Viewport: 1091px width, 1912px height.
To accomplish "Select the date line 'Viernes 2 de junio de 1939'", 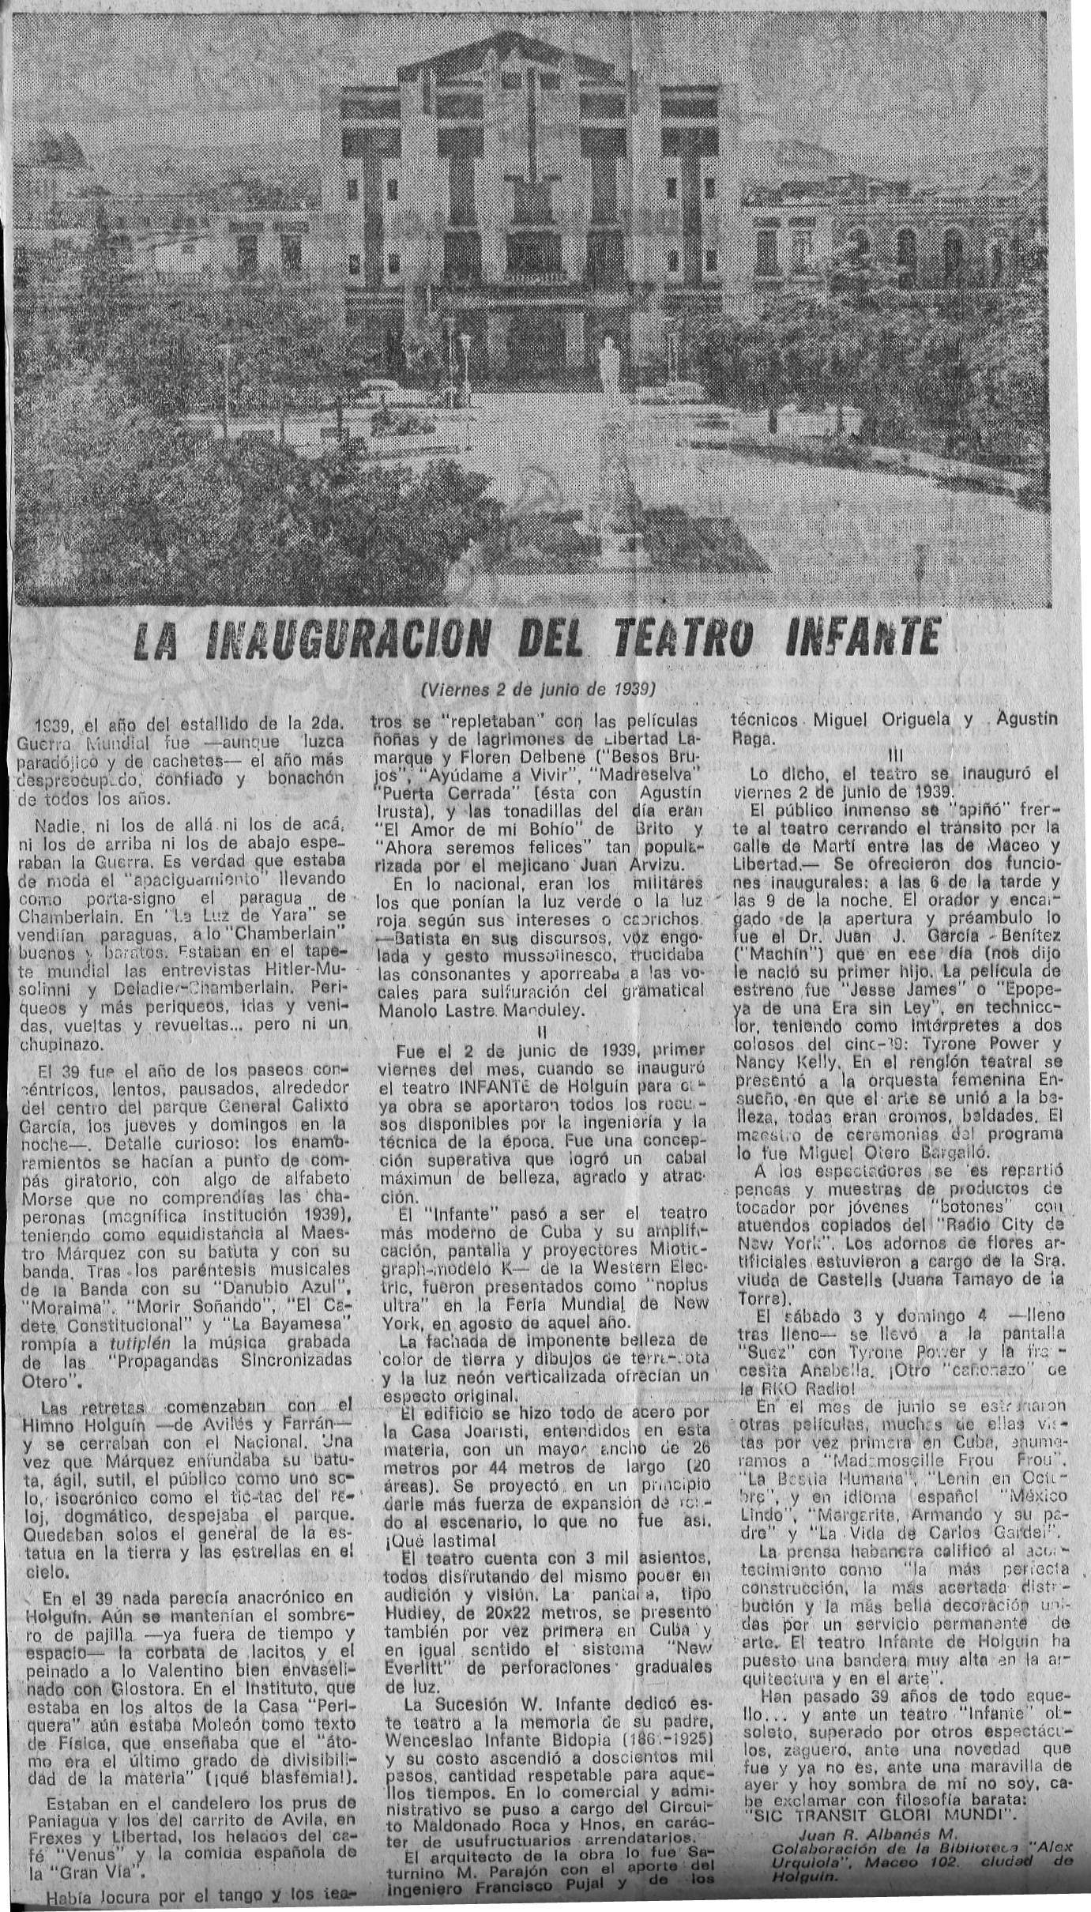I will click(540, 687).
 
